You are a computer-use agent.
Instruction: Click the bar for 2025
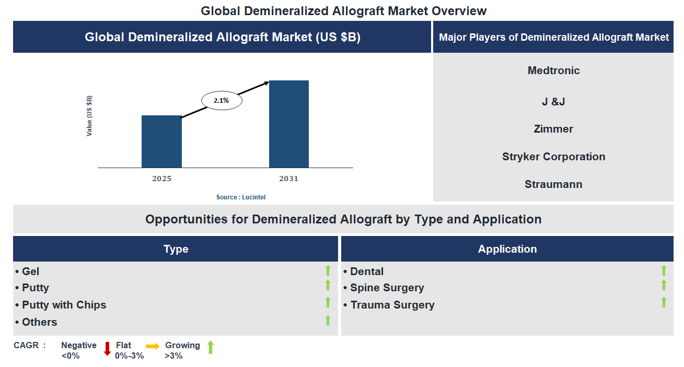(x=161, y=141)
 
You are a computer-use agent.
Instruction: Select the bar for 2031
(x=288, y=124)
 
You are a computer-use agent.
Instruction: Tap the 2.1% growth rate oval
(x=221, y=100)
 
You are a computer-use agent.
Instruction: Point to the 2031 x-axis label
(x=288, y=179)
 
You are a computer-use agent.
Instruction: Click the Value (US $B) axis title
(x=89, y=116)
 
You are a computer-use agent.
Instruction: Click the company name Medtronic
(x=553, y=70)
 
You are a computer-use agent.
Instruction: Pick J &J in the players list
(x=553, y=101)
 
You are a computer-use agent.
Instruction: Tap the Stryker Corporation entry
(x=553, y=157)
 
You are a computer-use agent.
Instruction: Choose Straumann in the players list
(x=553, y=184)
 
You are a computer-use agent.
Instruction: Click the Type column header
(x=176, y=249)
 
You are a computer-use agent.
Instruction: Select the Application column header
(x=507, y=249)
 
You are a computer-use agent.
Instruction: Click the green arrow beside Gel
(x=328, y=270)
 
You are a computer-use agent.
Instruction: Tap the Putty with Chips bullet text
(x=64, y=305)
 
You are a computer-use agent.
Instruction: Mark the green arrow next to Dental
(x=664, y=270)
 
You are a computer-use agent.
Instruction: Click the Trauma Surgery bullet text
(x=392, y=305)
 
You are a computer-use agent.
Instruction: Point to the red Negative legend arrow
(x=107, y=349)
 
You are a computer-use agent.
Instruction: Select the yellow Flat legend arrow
(x=153, y=346)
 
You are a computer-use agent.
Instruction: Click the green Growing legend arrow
(x=211, y=347)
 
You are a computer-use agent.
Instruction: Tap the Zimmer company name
(x=553, y=129)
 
